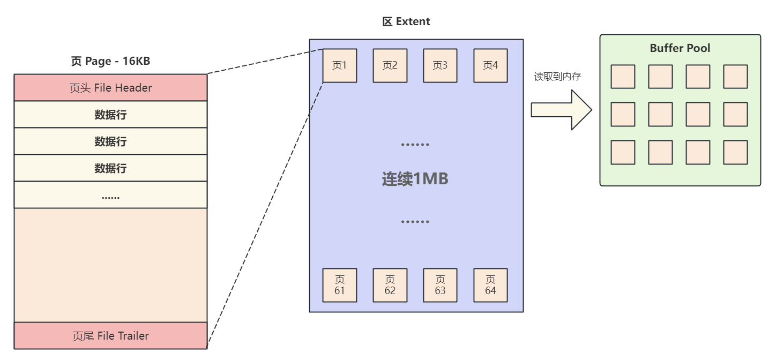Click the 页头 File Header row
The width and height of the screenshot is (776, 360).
pyautogui.click(x=110, y=88)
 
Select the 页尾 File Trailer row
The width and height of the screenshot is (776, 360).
pyautogui.click(x=110, y=336)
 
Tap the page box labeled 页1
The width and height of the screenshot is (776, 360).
pyautogui.click(x=340, y=66)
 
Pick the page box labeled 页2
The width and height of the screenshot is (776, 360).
pyautogui.click(x=390, y=66)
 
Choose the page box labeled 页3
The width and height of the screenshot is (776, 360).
pyautogui.click(x=441, y=66)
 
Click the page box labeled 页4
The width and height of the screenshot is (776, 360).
pyautogui.click(x=490, y=66)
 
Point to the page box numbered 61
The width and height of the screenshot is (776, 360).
pyautogui.click(x=340, y=285)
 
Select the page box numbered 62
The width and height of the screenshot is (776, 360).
pyautogui.click(x=390, y=285)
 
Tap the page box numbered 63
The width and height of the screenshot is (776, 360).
pyautogui.click(x=441, y=285)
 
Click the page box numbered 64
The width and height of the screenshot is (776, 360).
pyautogui.click(x=490, y=285)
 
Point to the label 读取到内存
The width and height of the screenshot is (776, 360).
pyautogui.click(x=557, y=77)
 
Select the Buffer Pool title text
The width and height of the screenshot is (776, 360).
pyautogui.click(x=680, y=48)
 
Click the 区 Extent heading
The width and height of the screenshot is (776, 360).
pyautogui.click(x=406, y=22)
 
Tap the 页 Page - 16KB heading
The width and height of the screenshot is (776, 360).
pyautogui.click(x=110, y=61)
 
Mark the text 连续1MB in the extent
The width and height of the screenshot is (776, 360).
pyautogui.click(x=415, y=179)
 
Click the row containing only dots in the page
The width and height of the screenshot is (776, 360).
pyautogui.click(x=110, y=196)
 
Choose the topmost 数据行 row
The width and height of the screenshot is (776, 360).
pyautogui.click(x=110, y=115)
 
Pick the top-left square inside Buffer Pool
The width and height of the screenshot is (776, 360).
pyautogui.click(x=623, y=77)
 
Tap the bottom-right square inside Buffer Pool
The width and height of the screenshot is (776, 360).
pyautogui.click(x=735, y=152)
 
